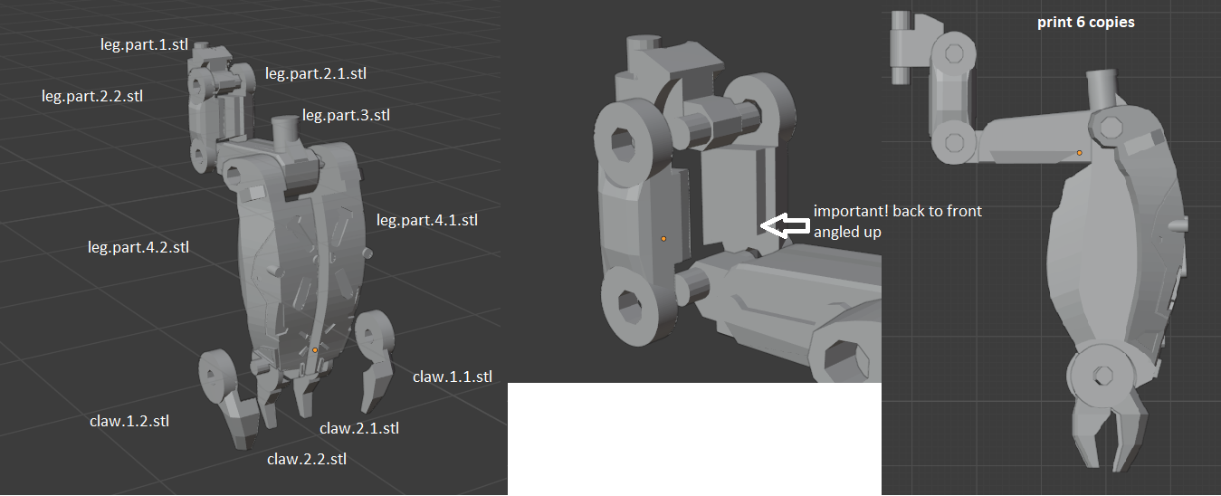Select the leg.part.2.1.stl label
315,72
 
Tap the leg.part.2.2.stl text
91,94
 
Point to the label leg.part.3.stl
346,115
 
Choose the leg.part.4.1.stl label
426,219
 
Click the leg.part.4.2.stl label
138,246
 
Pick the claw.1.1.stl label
452,377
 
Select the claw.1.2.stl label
129,421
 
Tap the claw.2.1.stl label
358,428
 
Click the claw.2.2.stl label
306,459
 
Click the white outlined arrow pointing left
784,225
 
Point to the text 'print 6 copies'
1085,22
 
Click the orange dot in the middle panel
663,238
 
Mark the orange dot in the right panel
1079,153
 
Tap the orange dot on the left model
315,349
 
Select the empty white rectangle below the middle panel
693,438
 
